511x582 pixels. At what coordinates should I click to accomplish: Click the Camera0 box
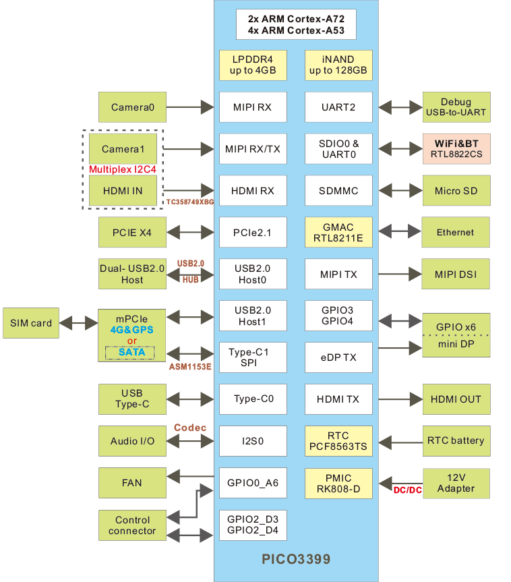pyautogui.click(x=132, y=107)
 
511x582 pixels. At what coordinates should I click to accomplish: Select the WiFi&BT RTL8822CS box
pyautogui.click(x=456, y=149)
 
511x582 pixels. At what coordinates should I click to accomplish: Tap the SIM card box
pyautogui.click(x=31, y=324)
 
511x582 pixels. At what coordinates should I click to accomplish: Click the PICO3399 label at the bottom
pyautogui.click(x=296, y=559)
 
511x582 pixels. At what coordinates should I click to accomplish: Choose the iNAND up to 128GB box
pyautogui.click(x=338, y=65)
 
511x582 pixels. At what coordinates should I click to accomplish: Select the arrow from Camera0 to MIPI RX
pyautogui.click(x=189, y=107)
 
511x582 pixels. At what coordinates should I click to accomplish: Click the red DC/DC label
pyautogui.click(x=407, y=490)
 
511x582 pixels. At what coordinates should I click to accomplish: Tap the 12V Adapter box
pyautogui.click(x=456, y=482)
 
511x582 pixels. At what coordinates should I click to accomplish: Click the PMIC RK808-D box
pyautogui.click(x=338, y=484)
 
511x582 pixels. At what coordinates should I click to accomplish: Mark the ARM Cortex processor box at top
pyautogui.click(x=295, y=24)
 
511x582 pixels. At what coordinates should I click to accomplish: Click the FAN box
pyautogui.click(x=132, y=483)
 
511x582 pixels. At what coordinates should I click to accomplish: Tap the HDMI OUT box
pyautogui.click(x=456, y=399)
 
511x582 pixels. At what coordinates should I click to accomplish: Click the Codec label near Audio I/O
pyautogui.click(x=189, y=428)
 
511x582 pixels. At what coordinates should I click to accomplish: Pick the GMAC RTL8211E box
pyautogui.click(x=338, y=232)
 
